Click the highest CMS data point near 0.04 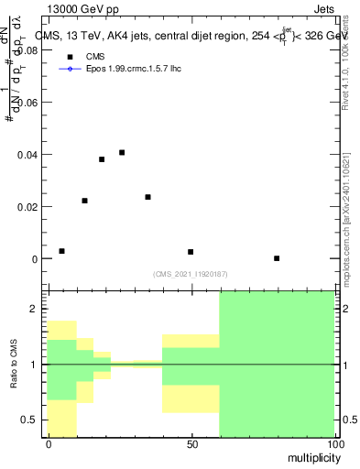(x=122, y=152)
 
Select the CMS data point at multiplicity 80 (x=277, y=258)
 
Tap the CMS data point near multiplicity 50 (x=191, y=252)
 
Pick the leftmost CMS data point (x=61, y=251)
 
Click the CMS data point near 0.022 (x=84, y=201)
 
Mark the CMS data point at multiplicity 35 (x=147, y=197)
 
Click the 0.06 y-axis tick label (x=30, y=104)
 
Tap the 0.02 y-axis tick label (x=30, y=207)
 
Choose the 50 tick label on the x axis (x=191, y=444)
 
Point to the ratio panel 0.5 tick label (x=35, y=420)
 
